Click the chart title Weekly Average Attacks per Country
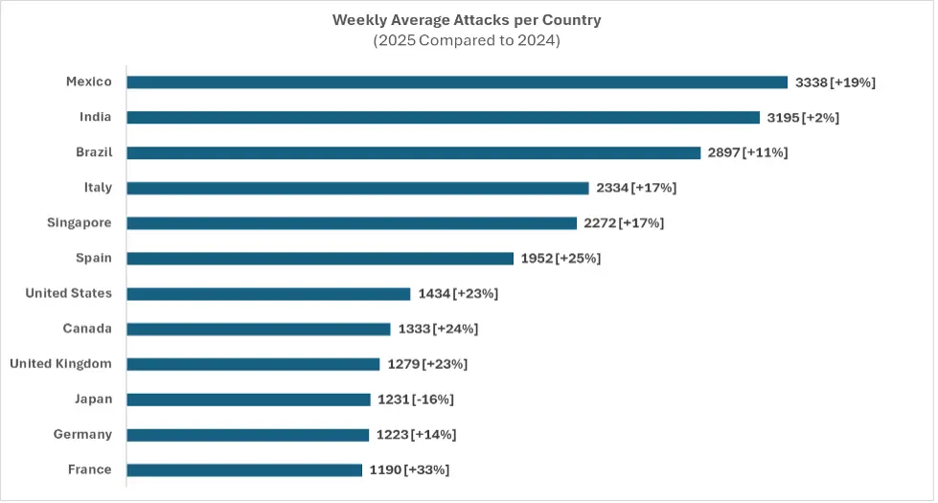click(468, 19)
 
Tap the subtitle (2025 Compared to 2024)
click(468, 41)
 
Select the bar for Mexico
click(457, 82)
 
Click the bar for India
click(443, 118)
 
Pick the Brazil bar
click(413, 153)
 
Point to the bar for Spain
click(320, 259)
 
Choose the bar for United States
click(268, 294)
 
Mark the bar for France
click(244, 470)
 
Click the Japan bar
click(248, 400)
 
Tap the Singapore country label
click(80, 223)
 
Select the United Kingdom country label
click(60, 364)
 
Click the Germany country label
click(82, 435)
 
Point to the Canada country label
click(87, 329)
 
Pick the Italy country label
click(98, 188)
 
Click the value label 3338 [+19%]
click(835, 82)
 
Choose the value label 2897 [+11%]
click(747, 153)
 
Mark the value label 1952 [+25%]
click(561, 259)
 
